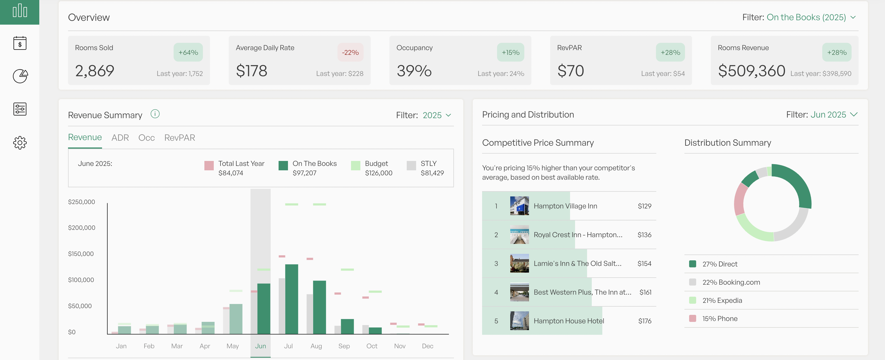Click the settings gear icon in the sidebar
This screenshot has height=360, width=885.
(x=20, y=142)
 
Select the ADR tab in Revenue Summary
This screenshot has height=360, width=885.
(x=120, y=138)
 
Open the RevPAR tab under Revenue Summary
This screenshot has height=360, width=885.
(x=179, y=138)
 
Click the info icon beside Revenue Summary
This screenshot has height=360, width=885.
(x=155, y=114)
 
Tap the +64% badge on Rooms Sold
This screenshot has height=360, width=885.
(x=188, y=52)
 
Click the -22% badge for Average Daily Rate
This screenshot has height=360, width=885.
(x=350, y=52)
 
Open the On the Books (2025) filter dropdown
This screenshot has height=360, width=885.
(x=811, y=18)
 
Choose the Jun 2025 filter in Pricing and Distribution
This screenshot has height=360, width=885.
(x=833, y=115)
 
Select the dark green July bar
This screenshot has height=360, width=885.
(x=291, y=299)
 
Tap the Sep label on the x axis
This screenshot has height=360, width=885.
(x=344, y=346)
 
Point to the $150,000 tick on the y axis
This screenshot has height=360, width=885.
(x=81, y=254)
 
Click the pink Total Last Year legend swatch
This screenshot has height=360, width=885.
(x=209, y=166)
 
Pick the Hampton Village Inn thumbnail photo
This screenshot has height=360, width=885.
(x=519, y=206)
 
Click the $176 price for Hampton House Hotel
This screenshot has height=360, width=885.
(x=645, y=321)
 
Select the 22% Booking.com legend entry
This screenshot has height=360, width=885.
(x=731, y=282)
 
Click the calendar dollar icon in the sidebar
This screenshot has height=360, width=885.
(x=20, y=43)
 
